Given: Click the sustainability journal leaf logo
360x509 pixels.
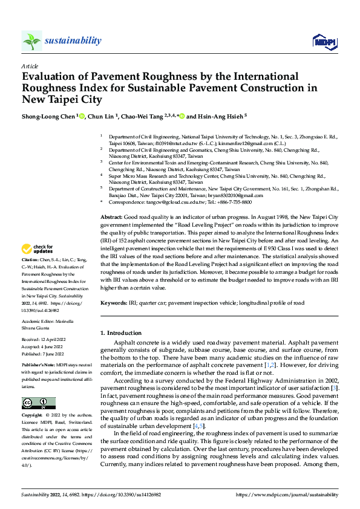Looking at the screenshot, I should click(31, 41).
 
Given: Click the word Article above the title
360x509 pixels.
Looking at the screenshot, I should click(30, 66).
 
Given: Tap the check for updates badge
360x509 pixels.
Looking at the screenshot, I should click(39, 249).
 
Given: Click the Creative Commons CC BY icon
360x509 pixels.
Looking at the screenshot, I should click(34, 404).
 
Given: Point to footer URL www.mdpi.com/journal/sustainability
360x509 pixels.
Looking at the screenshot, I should click(290, 494).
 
